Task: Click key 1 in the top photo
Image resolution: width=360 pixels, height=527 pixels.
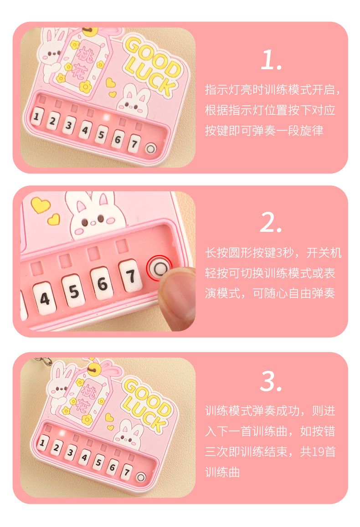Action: tap(37, 117)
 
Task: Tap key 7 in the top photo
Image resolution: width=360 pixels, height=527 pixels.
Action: tap(134, 143)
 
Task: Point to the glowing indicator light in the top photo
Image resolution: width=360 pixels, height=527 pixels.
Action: tap(107, 118)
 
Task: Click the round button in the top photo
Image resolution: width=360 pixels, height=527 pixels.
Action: tap(151, 148)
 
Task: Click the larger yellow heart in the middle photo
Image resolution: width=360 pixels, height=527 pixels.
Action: tap(41, 205)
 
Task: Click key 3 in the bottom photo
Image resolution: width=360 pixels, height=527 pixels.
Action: tap(70, 452)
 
